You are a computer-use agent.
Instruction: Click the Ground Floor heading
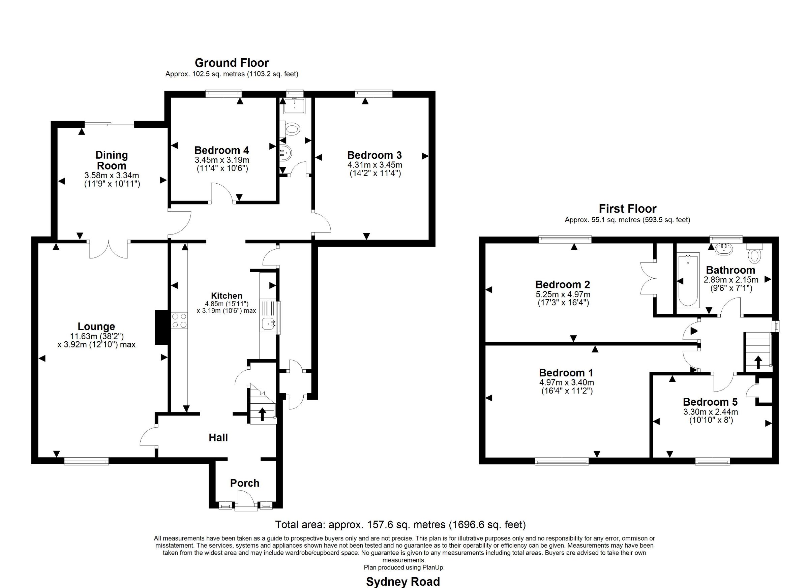pyautogui.click(x=232, y=63)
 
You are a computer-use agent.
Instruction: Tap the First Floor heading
pyautogui.click(x=627, y=209)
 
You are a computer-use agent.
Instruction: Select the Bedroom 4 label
pyautogui.click(x=221, y=150)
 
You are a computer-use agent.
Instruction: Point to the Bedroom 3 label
pyautogui.click(x=374, y=155)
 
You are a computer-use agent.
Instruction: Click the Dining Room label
pyautogui.click(x=112, y=160)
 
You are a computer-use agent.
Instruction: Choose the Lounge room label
pyautogui.click(x=96, y=326)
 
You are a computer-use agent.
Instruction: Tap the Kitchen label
pyautogui.click(x=227, y=296)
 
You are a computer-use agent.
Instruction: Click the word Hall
pyautogui.click(x=218, y=437)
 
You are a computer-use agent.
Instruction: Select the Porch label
pyautogui.click(x=245, y=483)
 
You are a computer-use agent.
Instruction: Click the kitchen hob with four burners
pyautogui.click(x=179, y=320)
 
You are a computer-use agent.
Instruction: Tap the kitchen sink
pyautogui.click(x=269, y=324)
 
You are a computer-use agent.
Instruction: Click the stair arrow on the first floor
pyautogui.click(x=758, y=362)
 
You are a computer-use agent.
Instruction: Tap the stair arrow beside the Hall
pyautogui.click(x=262, y=414)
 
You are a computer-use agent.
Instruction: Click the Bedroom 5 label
pyautogui.click(x=710, y=402)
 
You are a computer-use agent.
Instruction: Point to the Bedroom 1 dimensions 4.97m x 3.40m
pyautogui.click(x=566, y=382)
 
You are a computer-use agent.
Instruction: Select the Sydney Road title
pyautogui.click(x=403, y=582)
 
